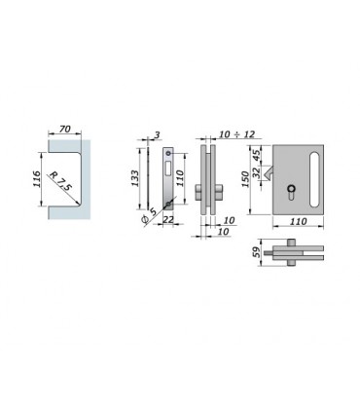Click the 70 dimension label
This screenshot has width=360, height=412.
tap(65, 129)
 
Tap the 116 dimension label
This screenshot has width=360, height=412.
tap(37, 179)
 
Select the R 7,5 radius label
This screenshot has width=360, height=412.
tap(59, 181)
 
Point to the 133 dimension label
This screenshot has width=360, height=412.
tap(134, 178)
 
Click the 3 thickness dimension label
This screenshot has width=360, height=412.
tap(157, 134)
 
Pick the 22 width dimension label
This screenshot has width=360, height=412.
tap(168, 220)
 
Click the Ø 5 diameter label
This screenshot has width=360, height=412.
tap(149, 215)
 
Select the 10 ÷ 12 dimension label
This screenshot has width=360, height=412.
tap(236, 134)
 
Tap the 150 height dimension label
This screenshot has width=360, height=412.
tap(245, 179)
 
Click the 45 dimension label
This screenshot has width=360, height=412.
tap(257, 156)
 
